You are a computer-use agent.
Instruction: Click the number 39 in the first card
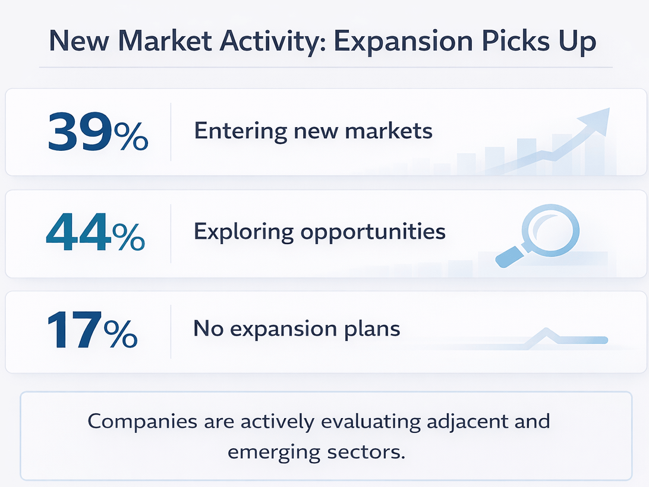pyautogui.click(x=80, y=132)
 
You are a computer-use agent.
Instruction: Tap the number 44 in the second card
pyautogui.click(x=78, y=233)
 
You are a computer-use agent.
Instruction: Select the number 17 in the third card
pyautogui.click(x=74, y=330)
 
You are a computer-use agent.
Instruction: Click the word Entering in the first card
pyautogui.click(x=241, y=132)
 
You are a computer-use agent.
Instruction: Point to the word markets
pyautogui.click(x=389, y=131)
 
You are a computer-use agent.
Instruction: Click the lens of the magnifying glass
pyautogui.click(x=550, y=230)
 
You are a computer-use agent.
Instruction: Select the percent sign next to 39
pyautogui.click(x=131, y=136)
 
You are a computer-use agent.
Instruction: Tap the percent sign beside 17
pyautogui.click(x=121, y=334)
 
